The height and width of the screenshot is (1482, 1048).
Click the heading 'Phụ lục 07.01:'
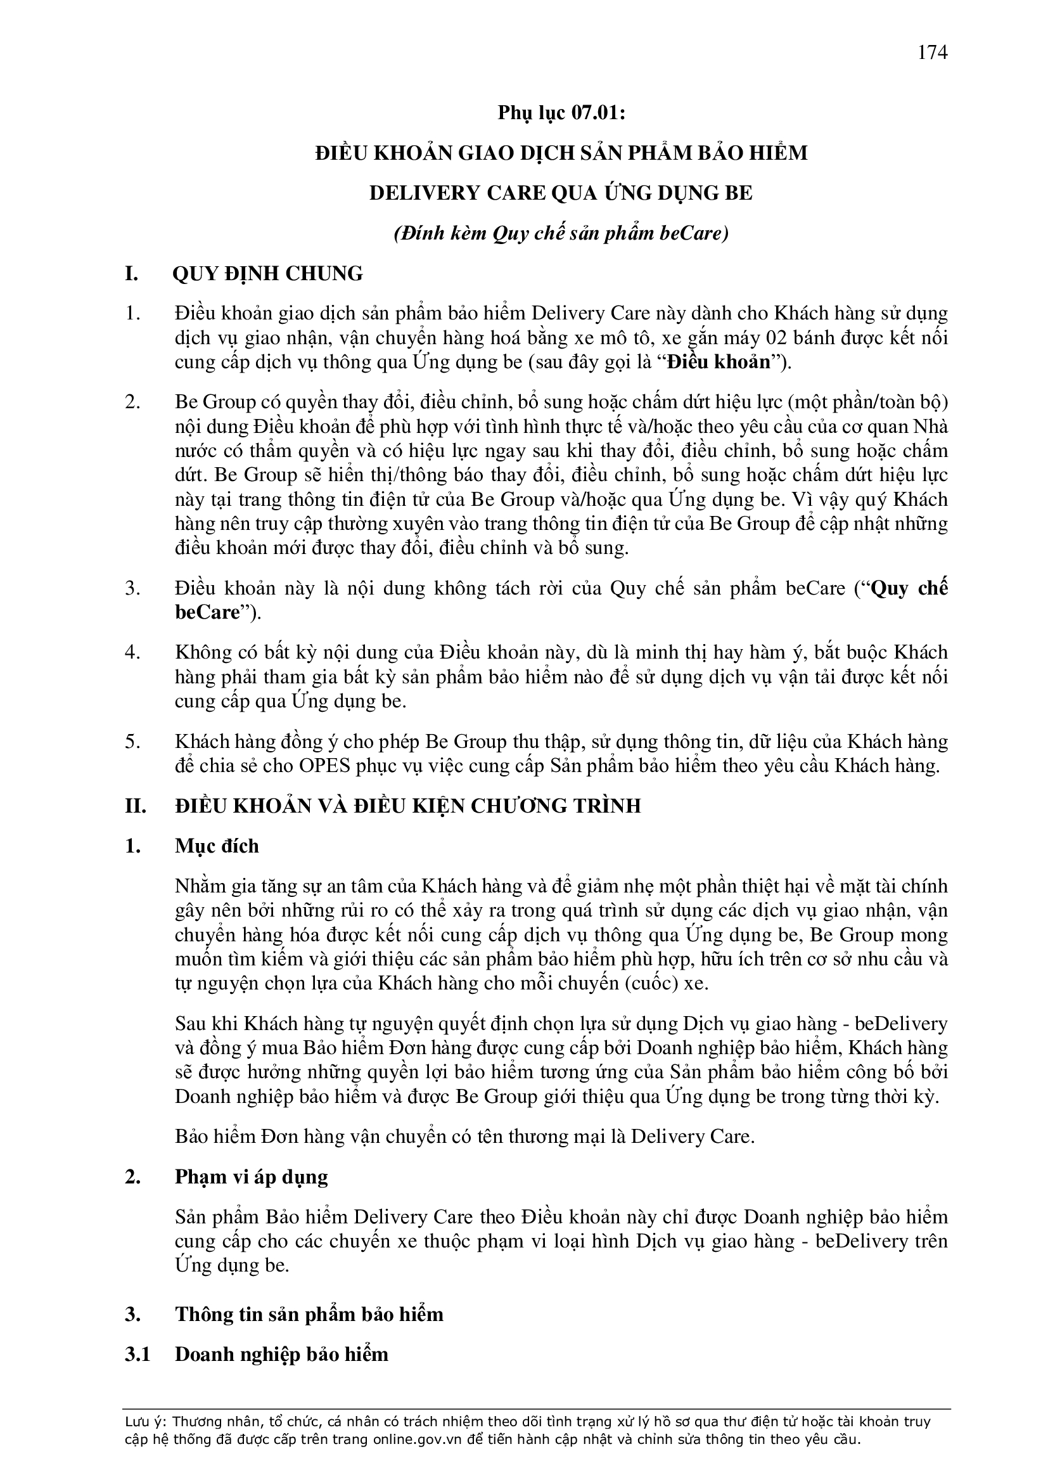coord(561,113)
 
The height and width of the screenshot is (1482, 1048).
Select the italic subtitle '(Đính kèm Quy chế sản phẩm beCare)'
coord(561,233)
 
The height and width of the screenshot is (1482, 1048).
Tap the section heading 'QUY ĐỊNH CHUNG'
coord(267,274)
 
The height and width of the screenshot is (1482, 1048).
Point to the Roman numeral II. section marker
coord(136,806)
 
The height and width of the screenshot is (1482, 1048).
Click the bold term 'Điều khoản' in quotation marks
coord(719,362)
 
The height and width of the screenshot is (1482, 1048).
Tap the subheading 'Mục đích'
coord(216,846)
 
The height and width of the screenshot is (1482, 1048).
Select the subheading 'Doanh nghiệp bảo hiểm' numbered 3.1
coord(281,1353)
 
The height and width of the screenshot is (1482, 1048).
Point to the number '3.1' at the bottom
coord(137,1353)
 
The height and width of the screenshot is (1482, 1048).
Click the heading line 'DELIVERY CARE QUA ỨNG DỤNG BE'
coord(561,193)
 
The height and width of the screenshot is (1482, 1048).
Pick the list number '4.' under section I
coord(132,652)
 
